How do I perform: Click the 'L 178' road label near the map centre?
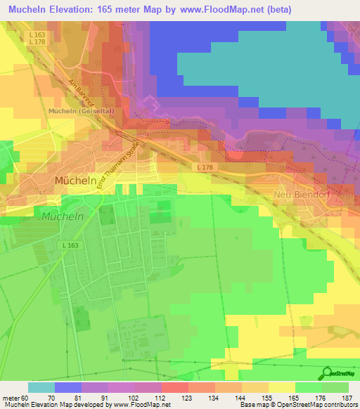205,167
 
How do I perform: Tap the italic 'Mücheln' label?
62,216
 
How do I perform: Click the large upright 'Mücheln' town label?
73,181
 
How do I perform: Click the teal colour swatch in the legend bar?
41,387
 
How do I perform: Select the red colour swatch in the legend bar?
174,387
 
